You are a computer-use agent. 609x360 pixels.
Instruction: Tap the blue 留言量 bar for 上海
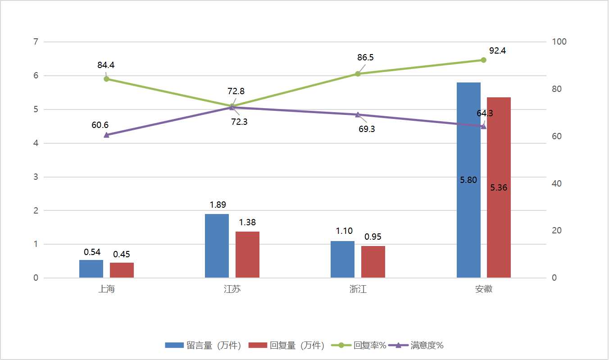tap(91, 269)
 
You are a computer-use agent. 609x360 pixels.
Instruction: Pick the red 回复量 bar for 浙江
tap(373, 262)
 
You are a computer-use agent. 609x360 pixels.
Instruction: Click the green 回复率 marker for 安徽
tap(483, 60)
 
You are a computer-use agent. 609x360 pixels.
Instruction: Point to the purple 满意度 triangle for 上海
tap(106, 135)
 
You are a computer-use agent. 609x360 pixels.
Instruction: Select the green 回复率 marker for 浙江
tap(358, 74)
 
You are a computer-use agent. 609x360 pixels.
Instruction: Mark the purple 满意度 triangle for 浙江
tap(358, 114)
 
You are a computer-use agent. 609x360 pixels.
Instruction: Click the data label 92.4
tap(497, 50)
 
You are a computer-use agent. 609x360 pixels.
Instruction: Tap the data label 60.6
tap(100, 125)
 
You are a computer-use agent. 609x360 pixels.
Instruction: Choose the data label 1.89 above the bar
tap(218, 205)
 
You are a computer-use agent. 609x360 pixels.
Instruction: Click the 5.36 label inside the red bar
tap(499, 188)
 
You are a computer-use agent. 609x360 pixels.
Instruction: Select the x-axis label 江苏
tap(232, 289)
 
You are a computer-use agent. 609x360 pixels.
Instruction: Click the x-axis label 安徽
tap(484, 289)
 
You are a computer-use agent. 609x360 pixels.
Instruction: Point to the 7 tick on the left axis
tap(35, 42)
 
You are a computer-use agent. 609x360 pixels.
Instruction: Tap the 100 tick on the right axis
tap(559, 42)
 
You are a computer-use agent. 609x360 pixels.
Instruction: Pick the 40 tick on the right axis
tap(557, 183)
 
